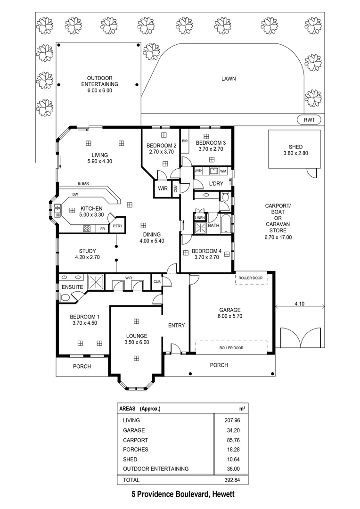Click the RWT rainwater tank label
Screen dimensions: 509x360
[x=309, y=120]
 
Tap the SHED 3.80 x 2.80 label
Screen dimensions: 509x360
[x=293, y=150]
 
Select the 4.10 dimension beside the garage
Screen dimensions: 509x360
[x=299, y=304]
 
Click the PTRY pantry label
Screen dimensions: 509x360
[x=117, y=227]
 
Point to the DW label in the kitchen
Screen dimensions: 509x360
[x=75, y=194]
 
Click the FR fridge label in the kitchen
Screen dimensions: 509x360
[x=102, y=229]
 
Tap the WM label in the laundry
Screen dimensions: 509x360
[x=223, y=170]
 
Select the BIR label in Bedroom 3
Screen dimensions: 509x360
[x=185, y=141]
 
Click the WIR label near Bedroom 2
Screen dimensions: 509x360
[x=163, y=188]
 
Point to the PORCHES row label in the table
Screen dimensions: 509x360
[x=135, y=450]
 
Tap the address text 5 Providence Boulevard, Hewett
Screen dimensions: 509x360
[x=183, y=495]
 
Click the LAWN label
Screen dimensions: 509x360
[x=229, y=79]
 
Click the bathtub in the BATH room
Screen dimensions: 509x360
[x=226, y=223]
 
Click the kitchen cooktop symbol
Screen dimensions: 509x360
[x=87, y=229]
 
